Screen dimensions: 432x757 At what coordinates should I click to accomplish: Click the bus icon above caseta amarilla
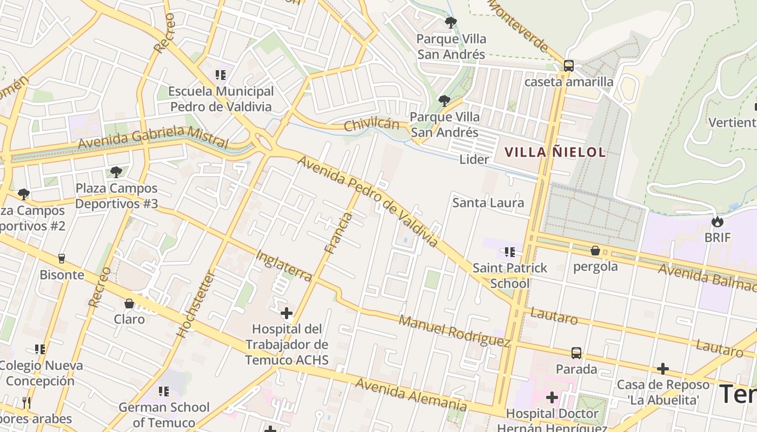point(568,66)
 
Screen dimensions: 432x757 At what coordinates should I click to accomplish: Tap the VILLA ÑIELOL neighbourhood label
point(555,152)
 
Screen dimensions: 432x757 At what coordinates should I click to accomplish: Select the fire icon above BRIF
point(718,221)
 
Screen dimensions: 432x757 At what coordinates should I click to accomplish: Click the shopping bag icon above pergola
point(595,251)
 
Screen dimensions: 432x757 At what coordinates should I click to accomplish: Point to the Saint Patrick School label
point(509,275)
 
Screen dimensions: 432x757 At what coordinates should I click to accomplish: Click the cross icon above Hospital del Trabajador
point(287,313)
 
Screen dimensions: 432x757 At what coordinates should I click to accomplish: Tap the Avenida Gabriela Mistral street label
point(153,137)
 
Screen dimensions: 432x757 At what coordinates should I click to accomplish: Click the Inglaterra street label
point(283,265)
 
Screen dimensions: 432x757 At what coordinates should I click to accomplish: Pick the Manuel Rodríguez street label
point(454,330)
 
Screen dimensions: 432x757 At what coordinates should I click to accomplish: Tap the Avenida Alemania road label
point(411,395)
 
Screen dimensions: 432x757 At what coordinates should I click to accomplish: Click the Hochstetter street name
point(196,304)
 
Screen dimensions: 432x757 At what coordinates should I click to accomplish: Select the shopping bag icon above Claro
point(129,303)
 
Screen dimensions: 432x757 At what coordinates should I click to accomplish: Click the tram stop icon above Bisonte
point(62,259)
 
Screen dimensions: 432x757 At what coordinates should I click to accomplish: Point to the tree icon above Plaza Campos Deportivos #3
point(116,172)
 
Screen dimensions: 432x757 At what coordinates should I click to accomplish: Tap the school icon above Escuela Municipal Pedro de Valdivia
point(220,75)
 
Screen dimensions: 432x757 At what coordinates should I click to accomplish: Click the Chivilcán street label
point(371,125)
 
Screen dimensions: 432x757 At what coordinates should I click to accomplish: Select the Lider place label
point(474,159)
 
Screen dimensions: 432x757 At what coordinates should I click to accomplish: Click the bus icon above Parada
point(576,353)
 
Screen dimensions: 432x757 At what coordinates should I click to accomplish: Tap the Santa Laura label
point(488,203)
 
